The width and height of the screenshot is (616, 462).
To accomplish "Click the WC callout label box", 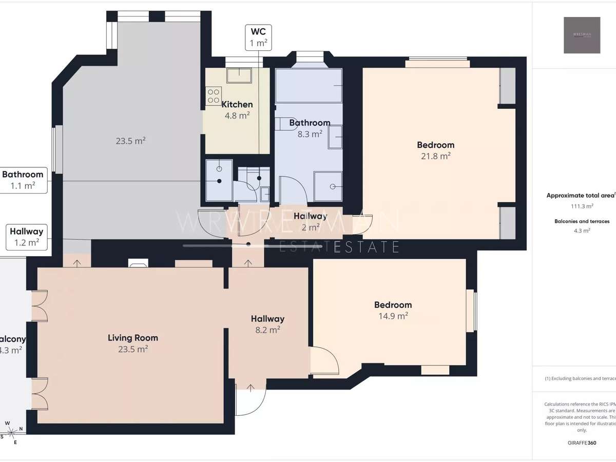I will click(258, 36).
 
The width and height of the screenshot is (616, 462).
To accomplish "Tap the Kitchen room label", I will click(237, 105).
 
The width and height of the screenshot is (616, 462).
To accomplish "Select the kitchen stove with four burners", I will click(213, 96).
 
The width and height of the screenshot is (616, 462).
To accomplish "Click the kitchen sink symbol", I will click(239, 75).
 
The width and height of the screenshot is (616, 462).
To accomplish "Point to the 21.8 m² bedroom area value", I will click(436, 156).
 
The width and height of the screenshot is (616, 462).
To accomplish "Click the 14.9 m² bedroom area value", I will click(393, 316).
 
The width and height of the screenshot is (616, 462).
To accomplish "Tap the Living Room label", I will click(133, 338).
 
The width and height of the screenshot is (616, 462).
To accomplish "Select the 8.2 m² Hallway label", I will click(267, 319).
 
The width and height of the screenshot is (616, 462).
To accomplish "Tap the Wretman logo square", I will click(582, 35).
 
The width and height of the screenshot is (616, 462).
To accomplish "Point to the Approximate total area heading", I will click(580, 195).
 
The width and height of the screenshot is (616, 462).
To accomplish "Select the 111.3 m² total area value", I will click(582, 206).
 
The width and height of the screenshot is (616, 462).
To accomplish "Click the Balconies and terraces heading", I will click(582, 221).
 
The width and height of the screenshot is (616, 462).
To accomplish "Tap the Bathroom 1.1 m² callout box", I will click(23, 180).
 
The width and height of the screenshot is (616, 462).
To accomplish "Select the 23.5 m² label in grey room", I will click(130, 141).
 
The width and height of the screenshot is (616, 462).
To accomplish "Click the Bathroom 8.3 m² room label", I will click(309, 123).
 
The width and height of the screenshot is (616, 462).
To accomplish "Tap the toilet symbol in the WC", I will click(253, 180).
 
